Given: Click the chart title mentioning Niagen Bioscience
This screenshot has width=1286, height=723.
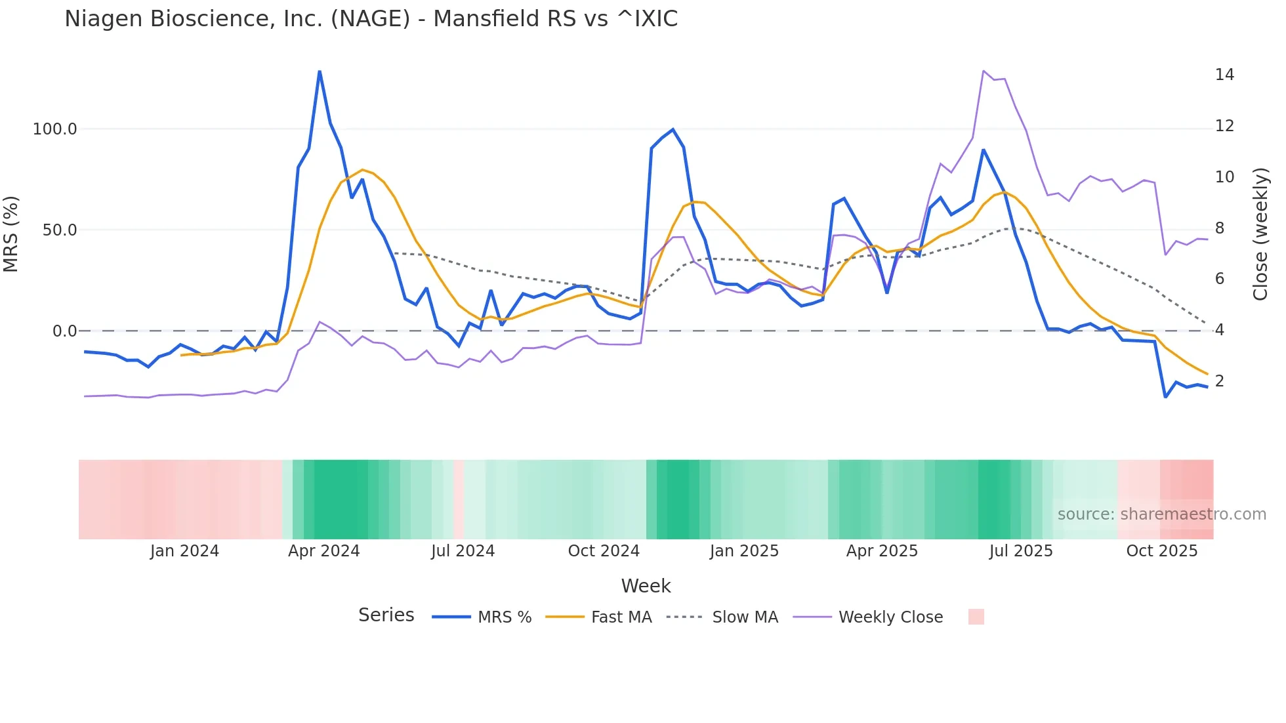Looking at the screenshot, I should coord(371,19).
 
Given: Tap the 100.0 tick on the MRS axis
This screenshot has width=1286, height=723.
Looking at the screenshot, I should coord(54,129).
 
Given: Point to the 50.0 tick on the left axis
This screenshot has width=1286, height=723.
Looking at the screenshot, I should coord(59,230).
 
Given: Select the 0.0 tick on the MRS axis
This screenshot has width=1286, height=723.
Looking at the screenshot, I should coord(64,331).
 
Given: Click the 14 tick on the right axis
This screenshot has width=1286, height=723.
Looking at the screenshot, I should coord(1224,75).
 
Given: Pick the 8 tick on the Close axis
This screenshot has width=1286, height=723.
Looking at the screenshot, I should coord(1220,228).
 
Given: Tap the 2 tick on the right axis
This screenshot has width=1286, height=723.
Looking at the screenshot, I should coord(1220,381).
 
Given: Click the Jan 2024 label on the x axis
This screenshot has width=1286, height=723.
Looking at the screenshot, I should coord(184,551).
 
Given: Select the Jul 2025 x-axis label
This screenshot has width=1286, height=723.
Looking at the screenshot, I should coord(1020,551).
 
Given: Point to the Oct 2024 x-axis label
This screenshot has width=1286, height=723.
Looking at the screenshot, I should coord(604,551).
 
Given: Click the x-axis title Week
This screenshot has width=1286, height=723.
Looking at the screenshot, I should coord(646,586).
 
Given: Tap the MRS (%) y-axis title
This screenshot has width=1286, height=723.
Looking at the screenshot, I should coord(11,234).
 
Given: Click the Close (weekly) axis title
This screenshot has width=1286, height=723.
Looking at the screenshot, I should coord(1260,234).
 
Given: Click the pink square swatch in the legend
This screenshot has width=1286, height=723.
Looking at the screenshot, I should coord(976,617).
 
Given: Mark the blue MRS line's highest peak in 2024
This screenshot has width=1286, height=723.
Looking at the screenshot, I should coord(320,72).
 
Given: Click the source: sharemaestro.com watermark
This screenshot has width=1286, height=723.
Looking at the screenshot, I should coord(1161,514).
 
